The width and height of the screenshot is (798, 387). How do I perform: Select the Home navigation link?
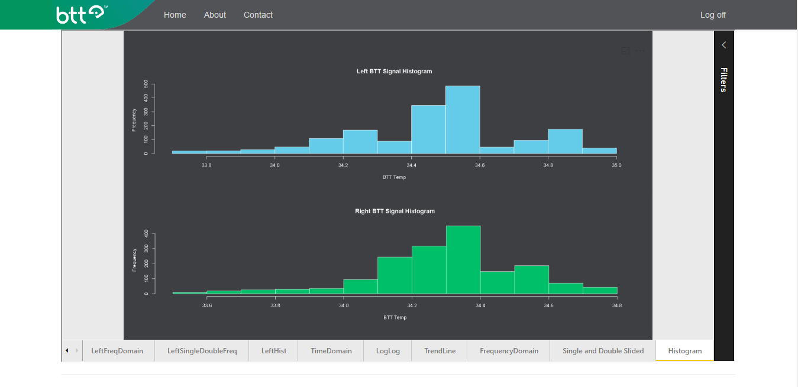(x=175, y=15)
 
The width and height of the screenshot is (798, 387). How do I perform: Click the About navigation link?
(x=215, y=15)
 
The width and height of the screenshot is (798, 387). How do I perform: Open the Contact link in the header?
(x=258, y=15)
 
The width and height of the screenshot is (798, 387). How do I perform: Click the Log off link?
(x=713, y=15)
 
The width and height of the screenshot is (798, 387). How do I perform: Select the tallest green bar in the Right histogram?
(x=463, y=260)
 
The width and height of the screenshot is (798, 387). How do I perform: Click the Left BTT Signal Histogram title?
(x=394, y=71)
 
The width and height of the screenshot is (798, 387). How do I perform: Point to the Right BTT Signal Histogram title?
(x=395, y=211)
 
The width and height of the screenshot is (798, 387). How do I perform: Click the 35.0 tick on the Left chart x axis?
(x=616, y=165)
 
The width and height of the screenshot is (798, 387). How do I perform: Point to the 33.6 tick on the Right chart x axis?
(x=206, y=305)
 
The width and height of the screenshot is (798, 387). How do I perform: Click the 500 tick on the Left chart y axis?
(x=146, y=84)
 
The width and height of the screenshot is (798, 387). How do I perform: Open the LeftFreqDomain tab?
(x=117, y=351)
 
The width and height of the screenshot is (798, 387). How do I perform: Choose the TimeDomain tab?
(x=331, y=351)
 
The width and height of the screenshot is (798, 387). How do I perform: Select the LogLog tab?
(x=388, y=351)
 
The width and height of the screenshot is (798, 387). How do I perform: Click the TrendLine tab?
(x=440, y=351)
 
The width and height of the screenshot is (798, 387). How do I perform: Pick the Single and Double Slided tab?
(x=603, y=351)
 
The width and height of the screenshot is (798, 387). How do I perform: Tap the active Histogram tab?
(x=685, y=351)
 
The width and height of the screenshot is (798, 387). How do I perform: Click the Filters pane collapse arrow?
(x=723, y=45)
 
